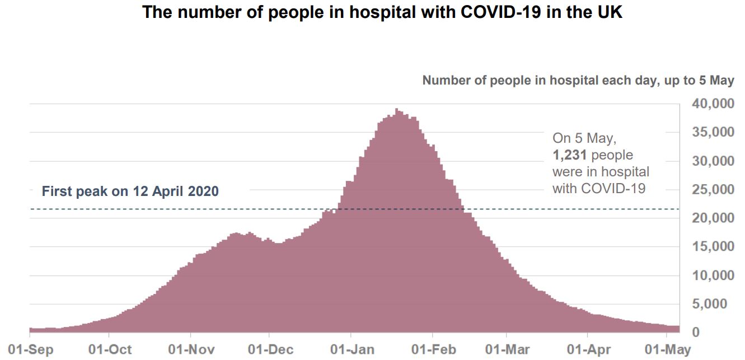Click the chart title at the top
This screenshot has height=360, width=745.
pyautogui.click(x=382, y=13)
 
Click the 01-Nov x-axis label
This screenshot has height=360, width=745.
pyautogui.click(x=191, y=350)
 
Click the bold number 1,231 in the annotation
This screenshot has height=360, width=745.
pyautogui.click(x=569, y=155)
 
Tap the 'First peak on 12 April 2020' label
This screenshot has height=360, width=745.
pyautogui.click(x=130, y=191)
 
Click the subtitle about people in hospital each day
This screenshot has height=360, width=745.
pyautogui.click(x=578, y=81)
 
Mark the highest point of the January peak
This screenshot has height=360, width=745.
pyautogui.click(x=396, y=109)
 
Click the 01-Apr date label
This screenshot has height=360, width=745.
pyautogui.click(x=588, y=350)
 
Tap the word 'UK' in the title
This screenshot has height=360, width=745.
pyautogui.click(x=608, y=13)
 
